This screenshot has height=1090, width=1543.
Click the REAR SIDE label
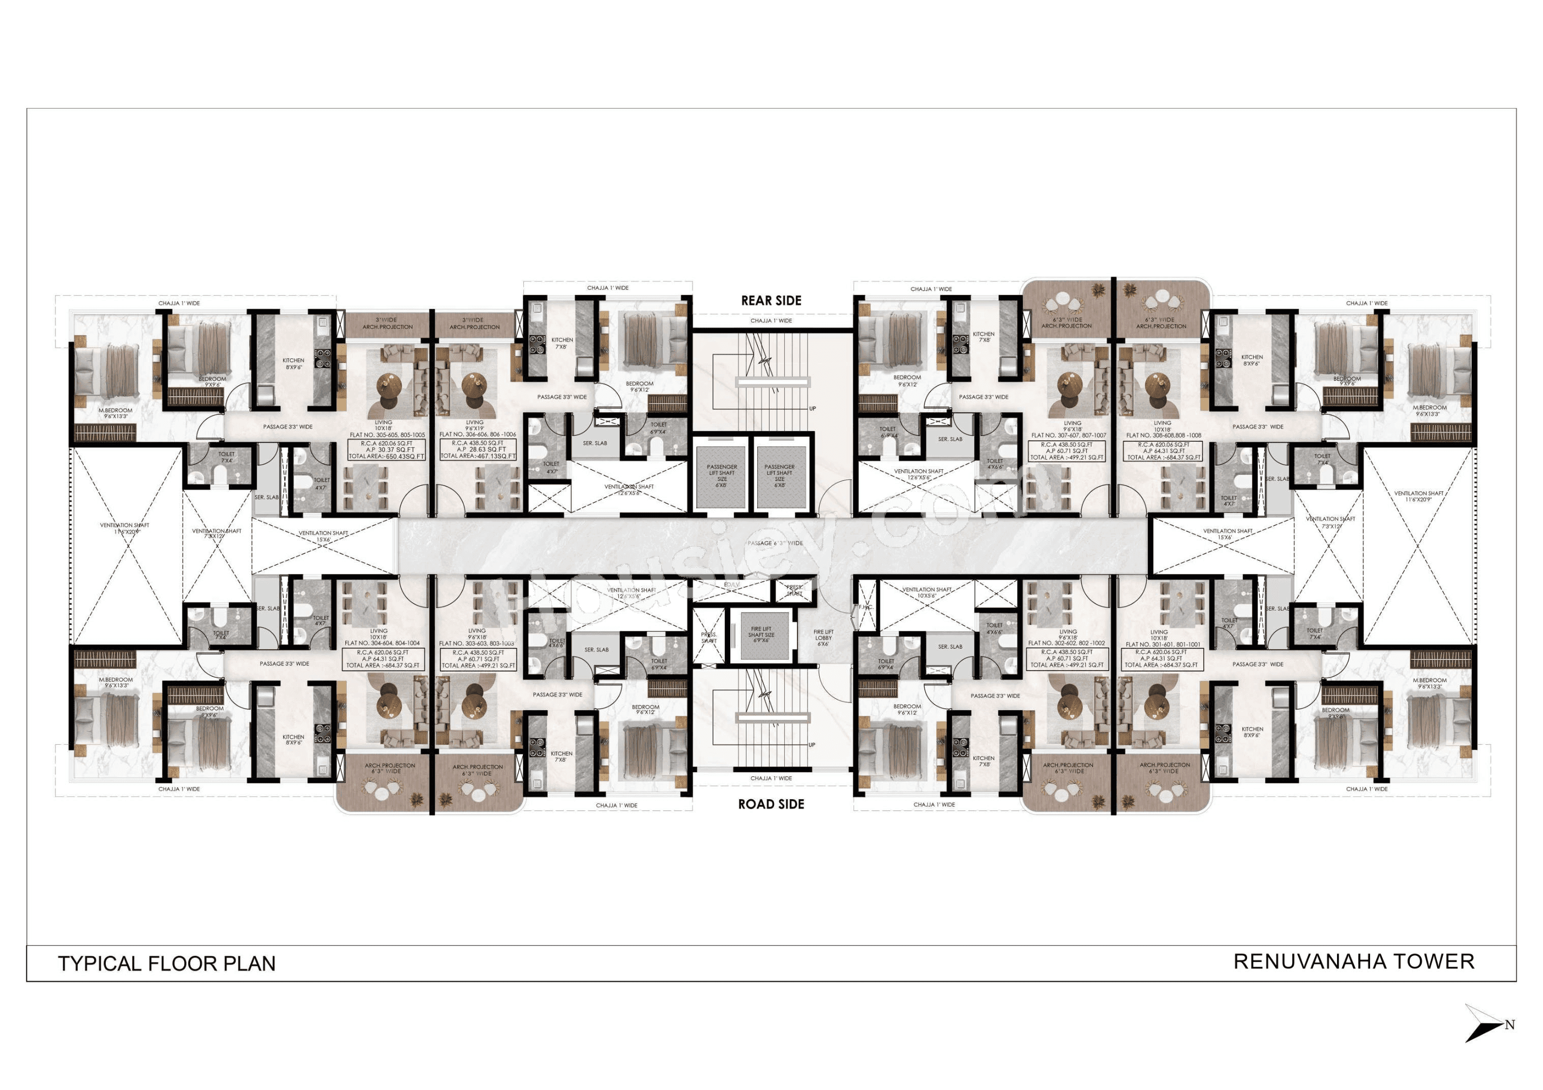click(x=771, y=300)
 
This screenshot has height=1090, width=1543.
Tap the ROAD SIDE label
click(x=771, y=804)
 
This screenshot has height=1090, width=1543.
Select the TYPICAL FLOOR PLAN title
click(x=167, y=963)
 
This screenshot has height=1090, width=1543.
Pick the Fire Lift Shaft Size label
click(x=761, y=635)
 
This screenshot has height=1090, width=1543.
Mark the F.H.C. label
click(x=865, y=607)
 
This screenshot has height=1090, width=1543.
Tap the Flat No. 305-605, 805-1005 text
click(x=387, y=435)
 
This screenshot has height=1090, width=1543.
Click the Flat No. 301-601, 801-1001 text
click(x=1163, y=644)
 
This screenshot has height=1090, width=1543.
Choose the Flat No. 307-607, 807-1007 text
click(x=1069, y=436)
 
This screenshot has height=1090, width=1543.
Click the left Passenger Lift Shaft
click(x=722, y=476)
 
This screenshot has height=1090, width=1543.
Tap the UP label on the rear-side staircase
click(x=813, y=409)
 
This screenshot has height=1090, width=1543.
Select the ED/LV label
click(x=731, y=585)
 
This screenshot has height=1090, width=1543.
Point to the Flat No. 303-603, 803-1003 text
click(x=477, y=643)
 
